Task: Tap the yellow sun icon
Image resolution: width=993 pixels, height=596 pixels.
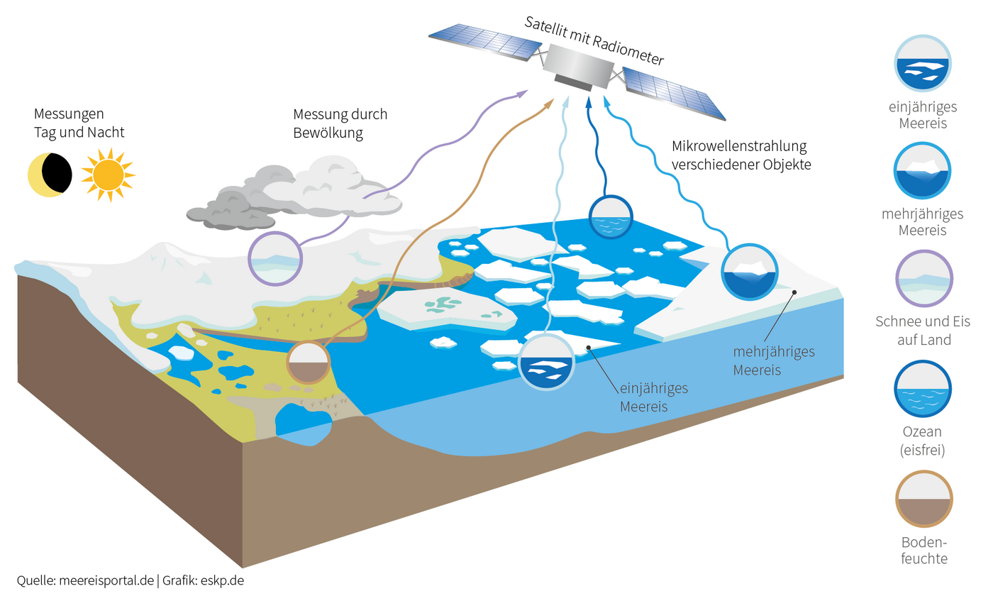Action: click(107, 174)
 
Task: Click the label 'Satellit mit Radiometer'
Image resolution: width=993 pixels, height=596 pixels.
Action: click(594, 40)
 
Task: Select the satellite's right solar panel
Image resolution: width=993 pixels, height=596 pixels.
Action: click(674, 94)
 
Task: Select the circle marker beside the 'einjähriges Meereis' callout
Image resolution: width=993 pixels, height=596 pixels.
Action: click(545, 363)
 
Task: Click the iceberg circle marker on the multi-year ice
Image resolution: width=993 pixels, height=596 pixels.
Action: click(750, 272)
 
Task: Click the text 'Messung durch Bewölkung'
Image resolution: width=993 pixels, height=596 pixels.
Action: click(340, 123)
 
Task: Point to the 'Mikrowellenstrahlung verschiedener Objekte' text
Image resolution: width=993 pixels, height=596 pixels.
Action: click(740, 155)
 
